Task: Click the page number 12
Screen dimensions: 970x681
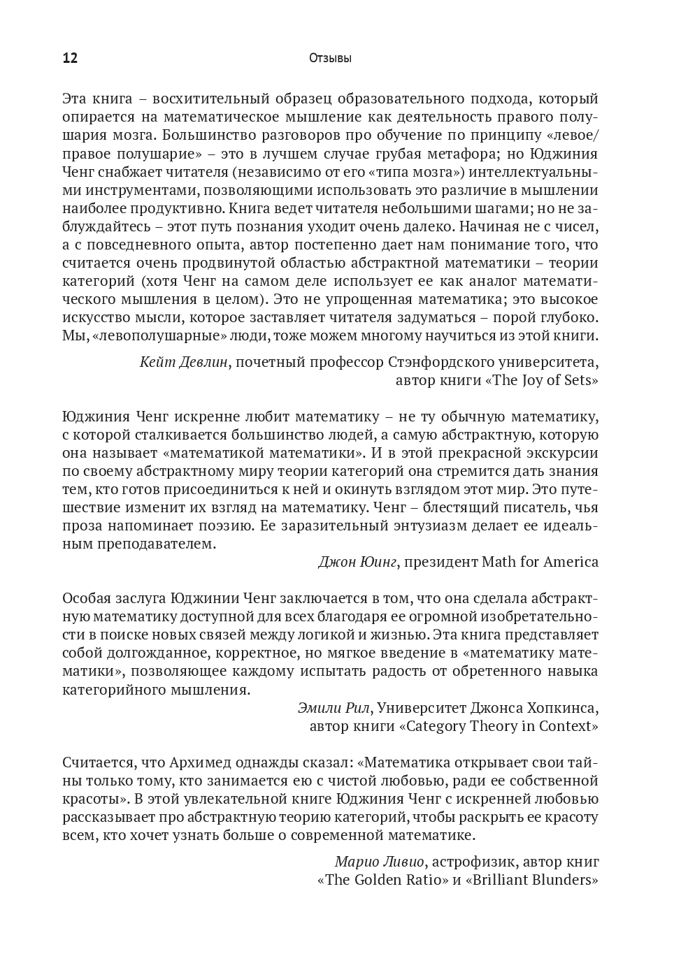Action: (70, 58)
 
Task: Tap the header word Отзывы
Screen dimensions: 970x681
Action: (330, 59)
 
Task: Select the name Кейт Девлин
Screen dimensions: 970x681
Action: (184, 362)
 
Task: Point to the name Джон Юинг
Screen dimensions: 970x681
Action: (357, 562)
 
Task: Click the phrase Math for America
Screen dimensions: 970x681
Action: (540, 562)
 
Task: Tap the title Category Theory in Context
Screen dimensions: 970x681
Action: (499, 725)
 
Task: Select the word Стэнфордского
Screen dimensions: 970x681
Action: (440, 362)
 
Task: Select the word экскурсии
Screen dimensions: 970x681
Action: (560, 453)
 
